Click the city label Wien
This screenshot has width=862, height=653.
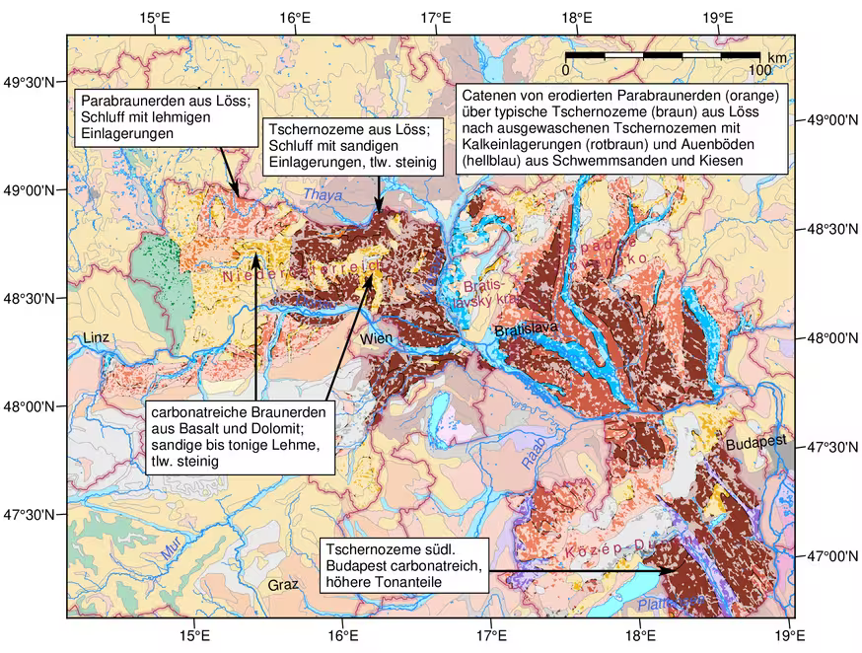[377, 339]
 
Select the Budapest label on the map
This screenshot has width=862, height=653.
[757, 444]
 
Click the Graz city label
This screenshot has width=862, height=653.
[282, 585]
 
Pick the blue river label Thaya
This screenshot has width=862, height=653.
[323, 195]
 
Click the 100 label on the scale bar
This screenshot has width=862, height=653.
[759, 70]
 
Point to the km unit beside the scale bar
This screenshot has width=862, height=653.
[777, 58]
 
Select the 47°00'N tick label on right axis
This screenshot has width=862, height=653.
[828, 556]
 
